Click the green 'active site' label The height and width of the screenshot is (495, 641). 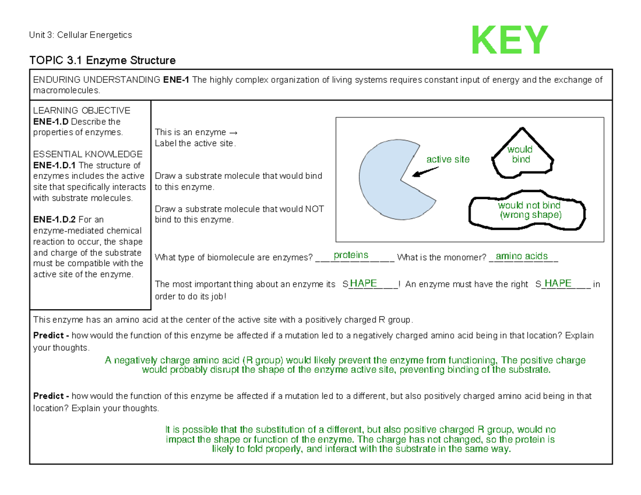448,160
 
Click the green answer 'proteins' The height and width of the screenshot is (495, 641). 350,255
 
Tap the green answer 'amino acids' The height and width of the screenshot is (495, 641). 522,256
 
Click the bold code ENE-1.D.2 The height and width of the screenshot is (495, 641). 54,219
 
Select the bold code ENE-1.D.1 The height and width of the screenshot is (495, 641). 54,165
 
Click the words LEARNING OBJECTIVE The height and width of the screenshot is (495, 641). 82,111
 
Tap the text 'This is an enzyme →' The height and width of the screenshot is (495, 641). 195,132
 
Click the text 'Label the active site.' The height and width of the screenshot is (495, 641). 194,143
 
